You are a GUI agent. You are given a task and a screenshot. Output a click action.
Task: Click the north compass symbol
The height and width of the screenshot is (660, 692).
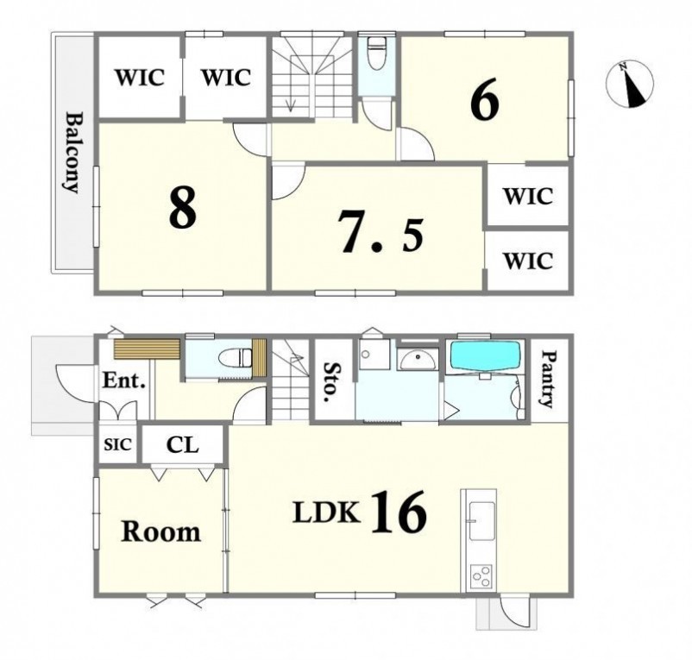[x=630, y=84]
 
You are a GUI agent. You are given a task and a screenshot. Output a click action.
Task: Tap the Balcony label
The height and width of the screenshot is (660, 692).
[x=72, y=153]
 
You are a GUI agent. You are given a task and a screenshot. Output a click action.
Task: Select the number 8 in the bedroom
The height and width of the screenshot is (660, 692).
[x=182, y=206]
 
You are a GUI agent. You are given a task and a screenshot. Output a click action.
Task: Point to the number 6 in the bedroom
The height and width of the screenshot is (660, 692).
[x=485, y=99]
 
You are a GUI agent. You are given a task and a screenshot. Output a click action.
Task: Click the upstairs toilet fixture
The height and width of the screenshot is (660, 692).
[x=376, y=53]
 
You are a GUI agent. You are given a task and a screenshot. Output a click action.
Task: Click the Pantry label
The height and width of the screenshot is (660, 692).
[x=548, y=379]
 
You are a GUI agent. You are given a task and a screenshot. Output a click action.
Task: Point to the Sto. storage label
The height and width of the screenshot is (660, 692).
[x=332, y=381]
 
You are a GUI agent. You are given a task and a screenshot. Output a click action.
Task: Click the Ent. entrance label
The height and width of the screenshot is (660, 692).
[x=124, y=380]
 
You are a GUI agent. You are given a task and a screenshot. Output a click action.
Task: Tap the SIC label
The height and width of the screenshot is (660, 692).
[x=118, y=444]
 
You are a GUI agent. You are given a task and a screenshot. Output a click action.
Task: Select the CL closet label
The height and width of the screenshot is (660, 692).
[x=183, y=444]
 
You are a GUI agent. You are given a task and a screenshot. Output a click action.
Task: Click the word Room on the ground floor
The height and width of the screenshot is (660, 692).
[x=161, y=531]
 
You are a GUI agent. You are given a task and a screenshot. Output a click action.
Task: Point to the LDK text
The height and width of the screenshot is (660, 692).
[x=326, y=512]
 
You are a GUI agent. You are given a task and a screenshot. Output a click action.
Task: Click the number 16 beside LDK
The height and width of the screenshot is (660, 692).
[x=400, y=512]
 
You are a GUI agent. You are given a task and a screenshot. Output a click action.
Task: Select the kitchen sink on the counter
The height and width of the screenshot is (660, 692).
[x=481, y=521]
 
